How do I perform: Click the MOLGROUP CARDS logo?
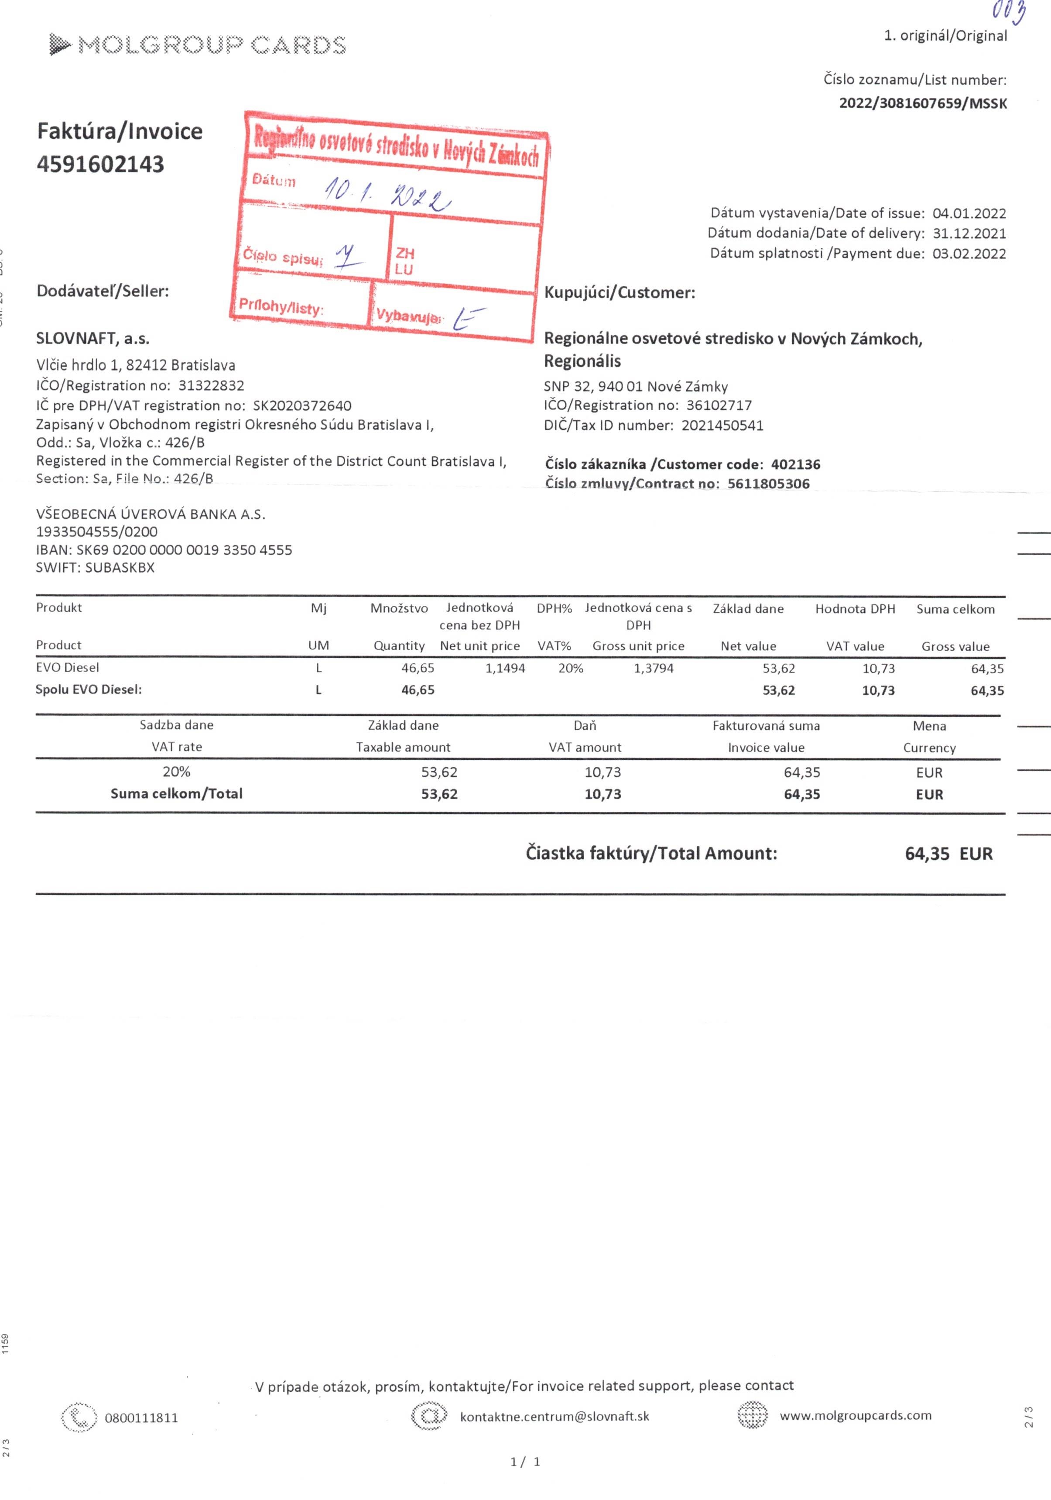click(x=197, y=45)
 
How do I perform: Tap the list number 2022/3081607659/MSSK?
click(x=922, y=103)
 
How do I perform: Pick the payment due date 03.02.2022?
click(x=969, y=254)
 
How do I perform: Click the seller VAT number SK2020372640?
click(x=302, y=406)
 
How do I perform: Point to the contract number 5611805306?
click(x=768, y=484)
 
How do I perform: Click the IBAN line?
click(x=164, y=550)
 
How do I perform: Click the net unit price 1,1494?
click(x=505, y=668)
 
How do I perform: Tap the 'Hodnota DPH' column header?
click(x=854, y=609)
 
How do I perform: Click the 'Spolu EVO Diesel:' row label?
click(x=89, y=690)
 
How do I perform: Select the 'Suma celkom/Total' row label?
click(x=176, y=794)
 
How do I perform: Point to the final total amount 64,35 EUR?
click(x=948, y=854)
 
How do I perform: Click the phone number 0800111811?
click(x=141, y=1418)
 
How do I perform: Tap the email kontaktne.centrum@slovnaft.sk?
click(x=555, y=1416)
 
